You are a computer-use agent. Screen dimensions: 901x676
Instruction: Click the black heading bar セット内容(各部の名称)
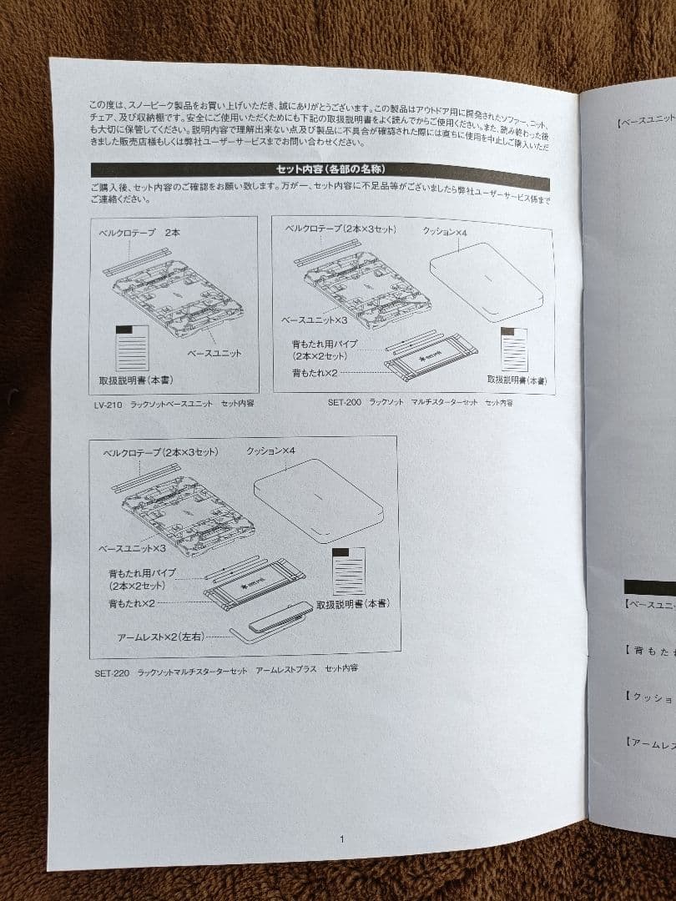pos(321,169)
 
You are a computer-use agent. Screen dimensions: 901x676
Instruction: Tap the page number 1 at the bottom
pos(341,838)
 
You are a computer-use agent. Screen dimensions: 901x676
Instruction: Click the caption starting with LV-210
pos(174,402)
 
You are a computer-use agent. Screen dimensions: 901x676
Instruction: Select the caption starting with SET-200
pos(420,402)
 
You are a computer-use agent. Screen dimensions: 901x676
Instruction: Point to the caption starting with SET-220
pos(226,670)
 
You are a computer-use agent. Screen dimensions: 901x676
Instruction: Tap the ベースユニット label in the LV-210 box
pos(214,353)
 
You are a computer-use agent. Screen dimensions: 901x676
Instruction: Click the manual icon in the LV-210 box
pos(132,346)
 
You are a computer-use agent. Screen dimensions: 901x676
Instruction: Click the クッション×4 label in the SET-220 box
pos(271,451)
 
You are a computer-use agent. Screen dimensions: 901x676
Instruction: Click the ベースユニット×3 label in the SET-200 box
pos(313,320)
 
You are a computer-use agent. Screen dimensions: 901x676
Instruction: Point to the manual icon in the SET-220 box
pos(348,571)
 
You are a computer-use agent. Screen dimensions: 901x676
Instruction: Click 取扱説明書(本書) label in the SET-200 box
pos(517,380)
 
